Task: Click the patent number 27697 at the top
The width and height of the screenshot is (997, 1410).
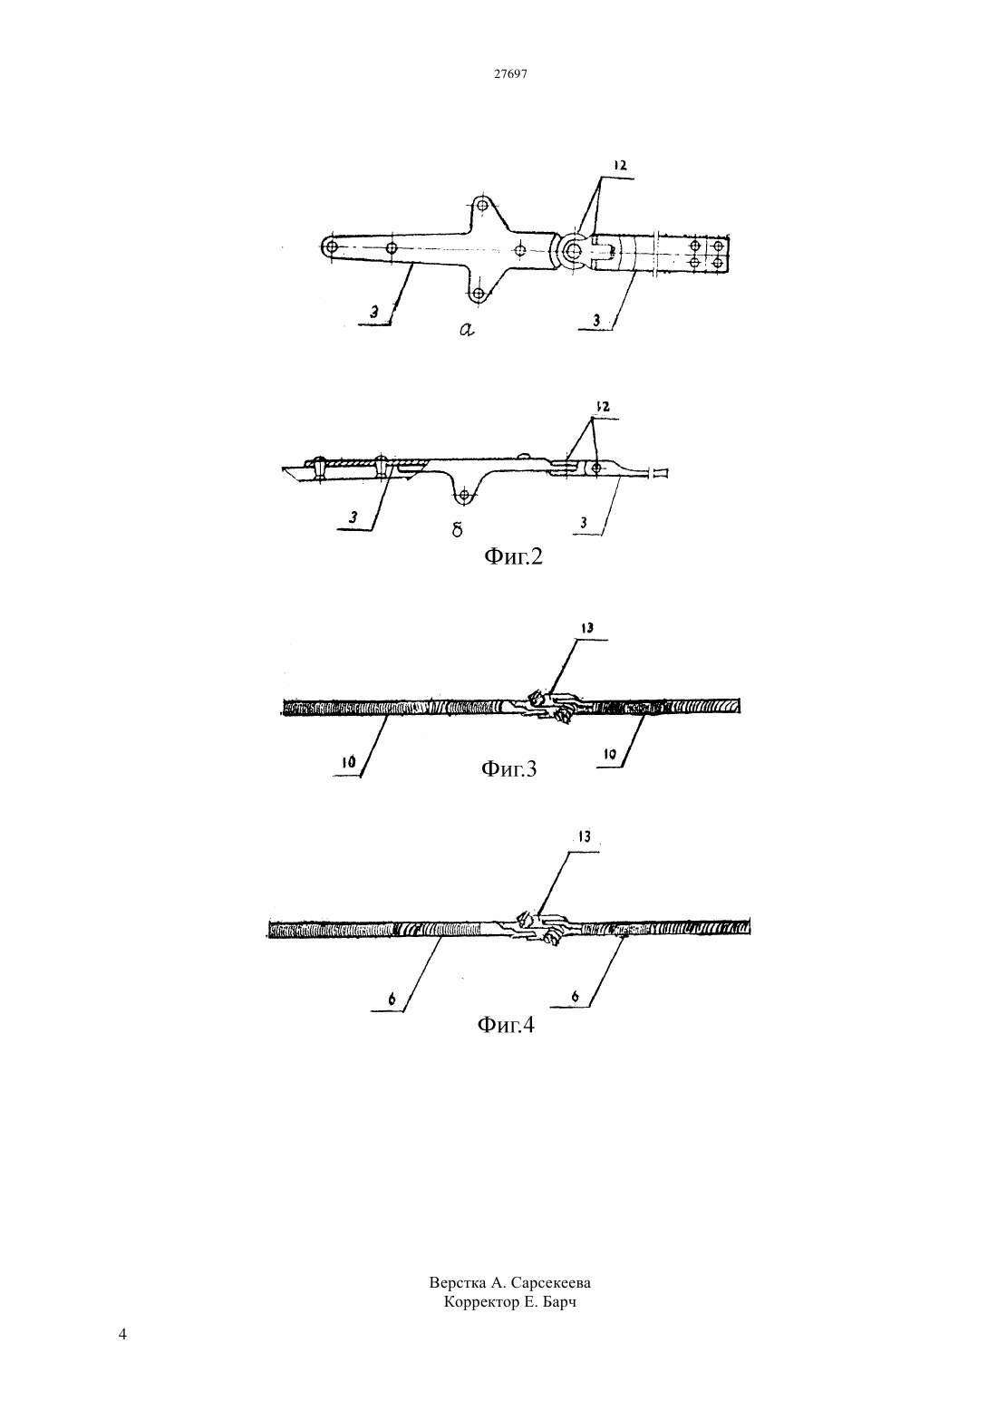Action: tap(510, 73)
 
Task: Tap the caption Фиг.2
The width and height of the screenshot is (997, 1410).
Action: tap(513, 556)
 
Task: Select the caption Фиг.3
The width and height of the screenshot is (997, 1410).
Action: tap(509, 768)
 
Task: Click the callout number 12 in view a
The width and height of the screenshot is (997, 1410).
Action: tap(621, 165)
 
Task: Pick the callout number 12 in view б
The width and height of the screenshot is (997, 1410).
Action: tap(603, 407)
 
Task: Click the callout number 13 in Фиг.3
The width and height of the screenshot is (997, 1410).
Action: tap(587, 628)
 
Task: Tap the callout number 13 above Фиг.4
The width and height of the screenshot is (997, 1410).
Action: tap(585, 836)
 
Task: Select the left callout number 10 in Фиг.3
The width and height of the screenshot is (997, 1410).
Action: tap(349, 763)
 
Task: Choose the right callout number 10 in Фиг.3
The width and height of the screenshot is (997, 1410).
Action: tap(610, 754)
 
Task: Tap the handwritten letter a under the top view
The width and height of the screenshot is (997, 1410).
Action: tap(467, 329)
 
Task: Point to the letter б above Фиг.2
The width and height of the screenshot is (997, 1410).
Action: tap(458, 529)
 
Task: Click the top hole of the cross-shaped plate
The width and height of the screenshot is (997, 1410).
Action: tap(482, 205)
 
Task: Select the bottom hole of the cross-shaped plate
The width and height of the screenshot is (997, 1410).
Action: tap(479, 294)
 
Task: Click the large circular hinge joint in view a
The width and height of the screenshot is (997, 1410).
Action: tap(573, 250)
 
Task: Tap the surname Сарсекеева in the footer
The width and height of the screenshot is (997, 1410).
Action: tap(551, 1283)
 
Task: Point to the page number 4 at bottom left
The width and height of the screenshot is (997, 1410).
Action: tap(122, 1334)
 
